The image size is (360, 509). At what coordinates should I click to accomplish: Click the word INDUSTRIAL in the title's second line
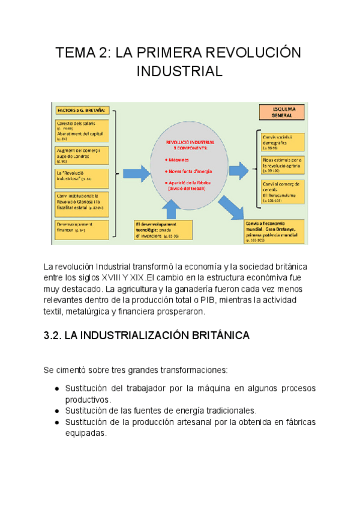pyautogui.click(x=179, y=72)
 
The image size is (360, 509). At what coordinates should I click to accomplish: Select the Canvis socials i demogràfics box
pyautogui.click(x=283, y=142)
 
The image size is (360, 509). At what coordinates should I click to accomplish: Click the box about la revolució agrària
pyautogui.click(x=283, y=166)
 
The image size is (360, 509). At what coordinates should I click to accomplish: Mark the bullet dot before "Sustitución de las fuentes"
pyautogui.click(x=56, y=411)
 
